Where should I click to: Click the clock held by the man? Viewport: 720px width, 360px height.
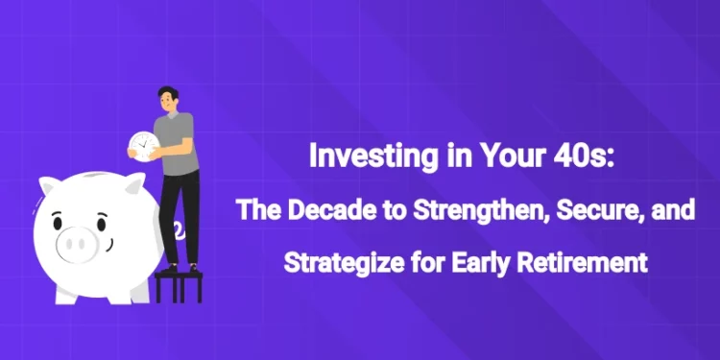tap(144, 144)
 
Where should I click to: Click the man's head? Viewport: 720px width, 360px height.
tap(167, 98)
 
